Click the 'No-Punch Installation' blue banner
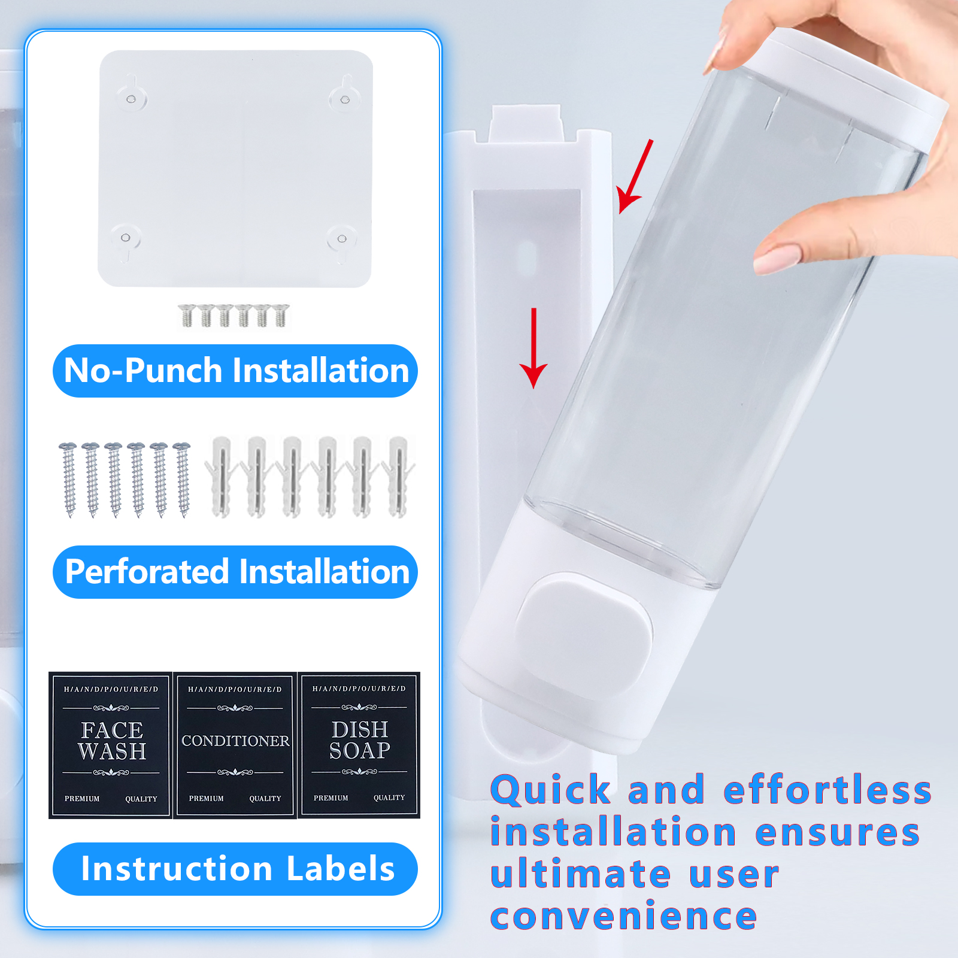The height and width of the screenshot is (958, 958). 235,371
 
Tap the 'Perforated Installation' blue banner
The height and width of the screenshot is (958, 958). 235,572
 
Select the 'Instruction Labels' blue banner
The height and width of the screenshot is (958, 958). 235,869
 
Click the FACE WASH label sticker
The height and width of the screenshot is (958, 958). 111,745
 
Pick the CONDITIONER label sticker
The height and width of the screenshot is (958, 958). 235,745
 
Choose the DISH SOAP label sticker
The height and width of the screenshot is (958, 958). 359,745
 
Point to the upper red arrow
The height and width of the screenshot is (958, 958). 635,177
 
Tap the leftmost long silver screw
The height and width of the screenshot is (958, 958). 68,479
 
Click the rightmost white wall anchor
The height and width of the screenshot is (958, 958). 398,477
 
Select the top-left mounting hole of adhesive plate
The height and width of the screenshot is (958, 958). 131,99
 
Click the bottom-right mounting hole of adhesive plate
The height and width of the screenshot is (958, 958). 342,239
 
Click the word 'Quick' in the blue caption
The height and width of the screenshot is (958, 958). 551,790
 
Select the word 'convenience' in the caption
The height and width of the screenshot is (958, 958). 624,916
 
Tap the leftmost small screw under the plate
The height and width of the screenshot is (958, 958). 187,316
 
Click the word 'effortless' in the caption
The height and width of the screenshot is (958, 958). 827,790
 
